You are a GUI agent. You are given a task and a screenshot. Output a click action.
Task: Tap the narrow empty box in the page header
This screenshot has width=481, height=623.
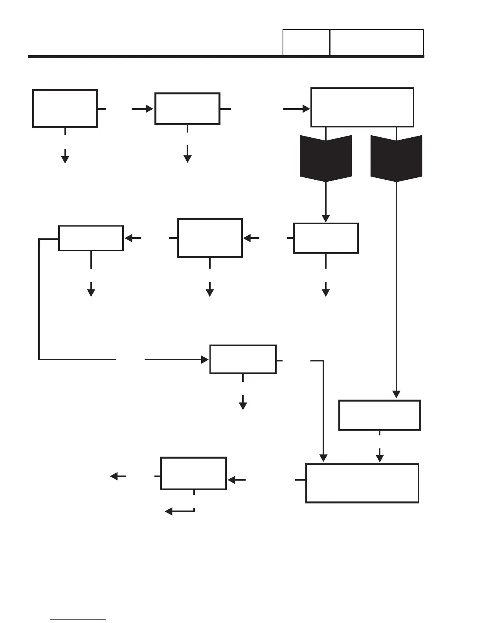click(x=306, y=42)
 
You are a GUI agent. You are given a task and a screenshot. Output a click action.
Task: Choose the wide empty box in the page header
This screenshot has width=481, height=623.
click(x=376, y=42)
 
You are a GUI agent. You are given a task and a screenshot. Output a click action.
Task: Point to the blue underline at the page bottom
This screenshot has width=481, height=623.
click(x=78, y=620)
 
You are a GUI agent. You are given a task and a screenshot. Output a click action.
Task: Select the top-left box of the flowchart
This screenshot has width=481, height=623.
click(x=65, y=109)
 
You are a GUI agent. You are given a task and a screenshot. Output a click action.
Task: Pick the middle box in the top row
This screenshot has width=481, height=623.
click(x=187, y=109)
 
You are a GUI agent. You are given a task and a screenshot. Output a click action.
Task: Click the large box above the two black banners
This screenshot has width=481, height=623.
click(x=362, y=107)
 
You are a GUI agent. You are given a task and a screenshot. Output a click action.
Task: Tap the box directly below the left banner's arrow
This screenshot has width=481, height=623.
click(x=325, y=238)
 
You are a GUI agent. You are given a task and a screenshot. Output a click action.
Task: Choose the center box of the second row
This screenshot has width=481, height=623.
click(x=209, y=238)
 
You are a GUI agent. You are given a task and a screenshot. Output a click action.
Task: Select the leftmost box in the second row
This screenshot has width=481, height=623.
click(x=91, y=238)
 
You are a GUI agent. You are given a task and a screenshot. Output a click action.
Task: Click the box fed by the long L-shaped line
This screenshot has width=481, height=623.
click(x=243, y=359)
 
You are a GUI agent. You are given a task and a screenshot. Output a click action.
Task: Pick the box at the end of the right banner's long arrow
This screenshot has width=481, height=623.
click(x=380, y=415)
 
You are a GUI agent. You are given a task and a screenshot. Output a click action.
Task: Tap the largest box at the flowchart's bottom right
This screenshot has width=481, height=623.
click(x=362, y=483)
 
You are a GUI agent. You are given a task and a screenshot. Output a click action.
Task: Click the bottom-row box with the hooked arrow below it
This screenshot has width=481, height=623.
click(x=193, y=473)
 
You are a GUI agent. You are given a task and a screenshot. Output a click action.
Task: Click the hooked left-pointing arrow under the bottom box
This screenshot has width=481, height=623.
click(x=179, y=511)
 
